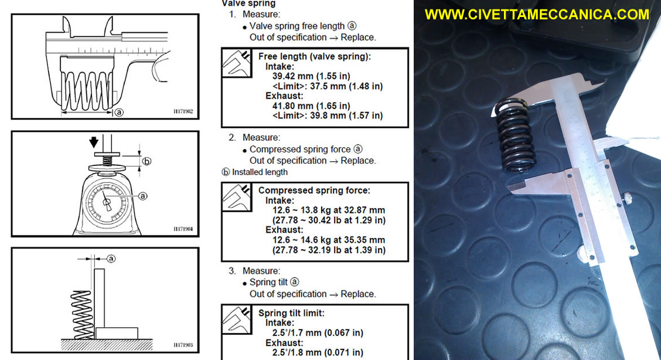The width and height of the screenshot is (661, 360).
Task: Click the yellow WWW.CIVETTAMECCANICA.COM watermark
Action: point(537,14)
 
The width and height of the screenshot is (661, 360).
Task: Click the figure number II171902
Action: point(183,112)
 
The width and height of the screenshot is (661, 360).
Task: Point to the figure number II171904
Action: point(183,229)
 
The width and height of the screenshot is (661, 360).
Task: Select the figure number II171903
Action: point(183,345)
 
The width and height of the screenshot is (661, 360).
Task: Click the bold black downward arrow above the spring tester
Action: point(94,142)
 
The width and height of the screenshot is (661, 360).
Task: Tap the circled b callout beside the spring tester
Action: point(146,161)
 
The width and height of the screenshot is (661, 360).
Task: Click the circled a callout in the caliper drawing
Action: point(119,113)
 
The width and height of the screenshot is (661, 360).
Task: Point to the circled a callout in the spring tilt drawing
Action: point(111,259)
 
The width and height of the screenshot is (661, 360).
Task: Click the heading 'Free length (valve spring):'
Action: point(315,56)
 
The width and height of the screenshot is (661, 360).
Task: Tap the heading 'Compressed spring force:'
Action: point(314,191)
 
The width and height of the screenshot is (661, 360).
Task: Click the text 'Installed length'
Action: point(260,172)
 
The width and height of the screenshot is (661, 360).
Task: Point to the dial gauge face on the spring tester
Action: point(107,203)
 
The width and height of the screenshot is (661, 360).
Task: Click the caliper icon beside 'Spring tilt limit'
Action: point(237,319)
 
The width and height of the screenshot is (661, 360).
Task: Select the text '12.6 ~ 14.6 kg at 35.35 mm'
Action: point(328,240)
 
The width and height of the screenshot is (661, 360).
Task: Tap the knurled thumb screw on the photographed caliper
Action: point(626,196)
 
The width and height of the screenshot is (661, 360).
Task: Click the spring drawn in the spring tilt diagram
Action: point(81,314)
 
